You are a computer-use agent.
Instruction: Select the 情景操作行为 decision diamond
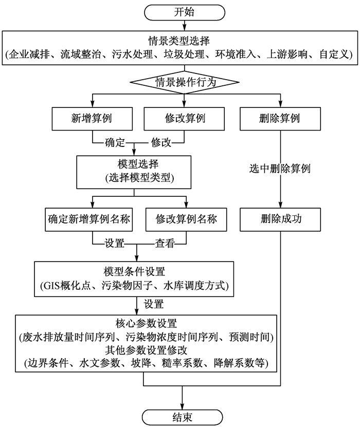[x=184, y=82]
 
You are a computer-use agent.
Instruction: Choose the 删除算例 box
[x=280, y=119]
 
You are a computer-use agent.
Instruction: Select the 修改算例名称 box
[x=186, y=219]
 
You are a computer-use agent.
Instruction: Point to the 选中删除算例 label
[x=280, y=169]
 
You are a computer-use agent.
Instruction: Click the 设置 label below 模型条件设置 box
[x=154, y=303]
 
